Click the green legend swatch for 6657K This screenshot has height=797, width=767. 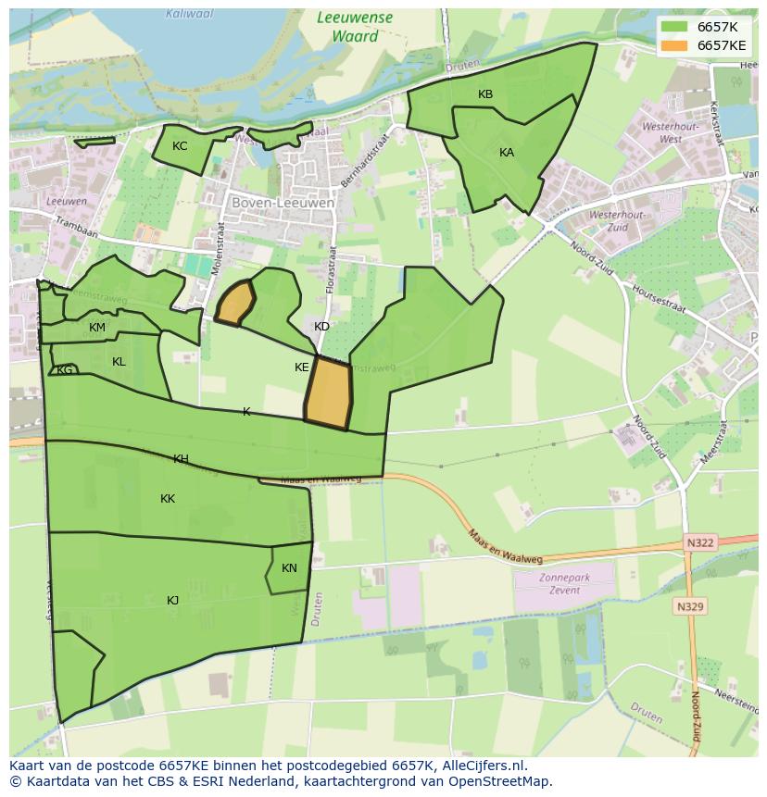[x=674, y=27]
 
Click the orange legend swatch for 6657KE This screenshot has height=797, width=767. [x=674, y=45]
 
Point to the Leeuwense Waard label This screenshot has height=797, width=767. [x=354, y=27]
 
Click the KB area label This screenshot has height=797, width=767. [x=485, y=94]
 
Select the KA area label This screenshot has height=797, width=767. [x=507, y=153]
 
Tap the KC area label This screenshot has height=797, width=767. [x=180, y=146]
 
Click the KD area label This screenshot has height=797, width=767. [x=321, y=327]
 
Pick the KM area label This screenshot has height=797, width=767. [x=97, y=328]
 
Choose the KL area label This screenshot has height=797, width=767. [x=119, y=362]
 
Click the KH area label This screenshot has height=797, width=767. [x=181, y=459]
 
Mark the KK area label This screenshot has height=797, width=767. [x=168, y=499]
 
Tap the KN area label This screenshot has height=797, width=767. [x=289, y=568]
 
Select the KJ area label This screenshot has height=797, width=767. [x=173, y=601]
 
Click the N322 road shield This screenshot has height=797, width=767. [x=700, y=542]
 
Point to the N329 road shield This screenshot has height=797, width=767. [x=690, y=607]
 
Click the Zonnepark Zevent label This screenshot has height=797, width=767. [x=564, y=583]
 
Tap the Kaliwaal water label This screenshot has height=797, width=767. [x=190, y=14]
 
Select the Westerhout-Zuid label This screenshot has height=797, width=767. [x=609, y=220]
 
